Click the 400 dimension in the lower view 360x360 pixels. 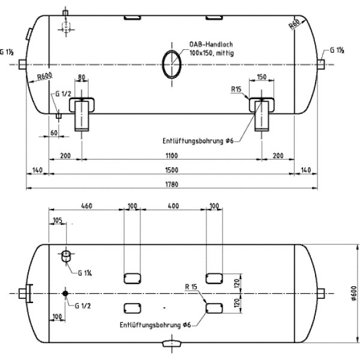point(173,206)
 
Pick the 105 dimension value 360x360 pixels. point(57,220)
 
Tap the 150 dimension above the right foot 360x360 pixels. point(262,76)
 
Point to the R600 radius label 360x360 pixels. point(43,76)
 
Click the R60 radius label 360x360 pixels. point(295,25)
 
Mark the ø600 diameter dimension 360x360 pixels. point(355,293)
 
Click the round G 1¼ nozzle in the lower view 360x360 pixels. point(65,256)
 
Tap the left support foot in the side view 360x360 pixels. point(82,114)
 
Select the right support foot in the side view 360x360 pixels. point(262,114)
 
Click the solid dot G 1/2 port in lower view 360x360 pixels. point(65,293)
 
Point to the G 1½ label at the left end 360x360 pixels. point(7,52)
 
